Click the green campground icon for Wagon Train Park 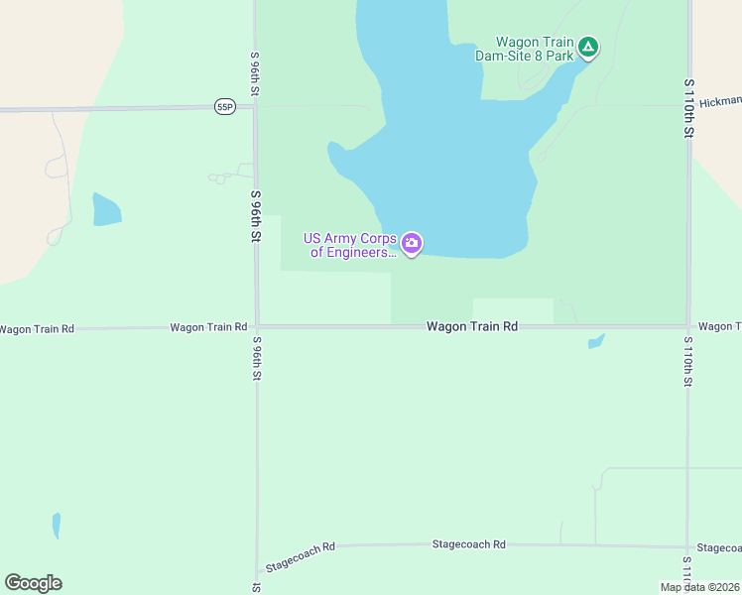[588, 46]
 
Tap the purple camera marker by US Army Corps [412, 243]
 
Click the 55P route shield [224, 106]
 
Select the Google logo [33, 583]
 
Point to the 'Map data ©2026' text [700, 587]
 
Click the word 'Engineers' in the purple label [353, 253]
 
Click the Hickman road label [720, 101]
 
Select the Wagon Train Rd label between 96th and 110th [472, 326]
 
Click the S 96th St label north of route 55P [255, 74]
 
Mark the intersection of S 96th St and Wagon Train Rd [256, 325]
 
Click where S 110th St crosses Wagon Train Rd [688, 325]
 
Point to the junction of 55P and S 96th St [255, 106]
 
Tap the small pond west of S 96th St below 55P [106, 210]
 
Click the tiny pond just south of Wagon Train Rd [595, 342]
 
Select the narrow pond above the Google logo [57, 526]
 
